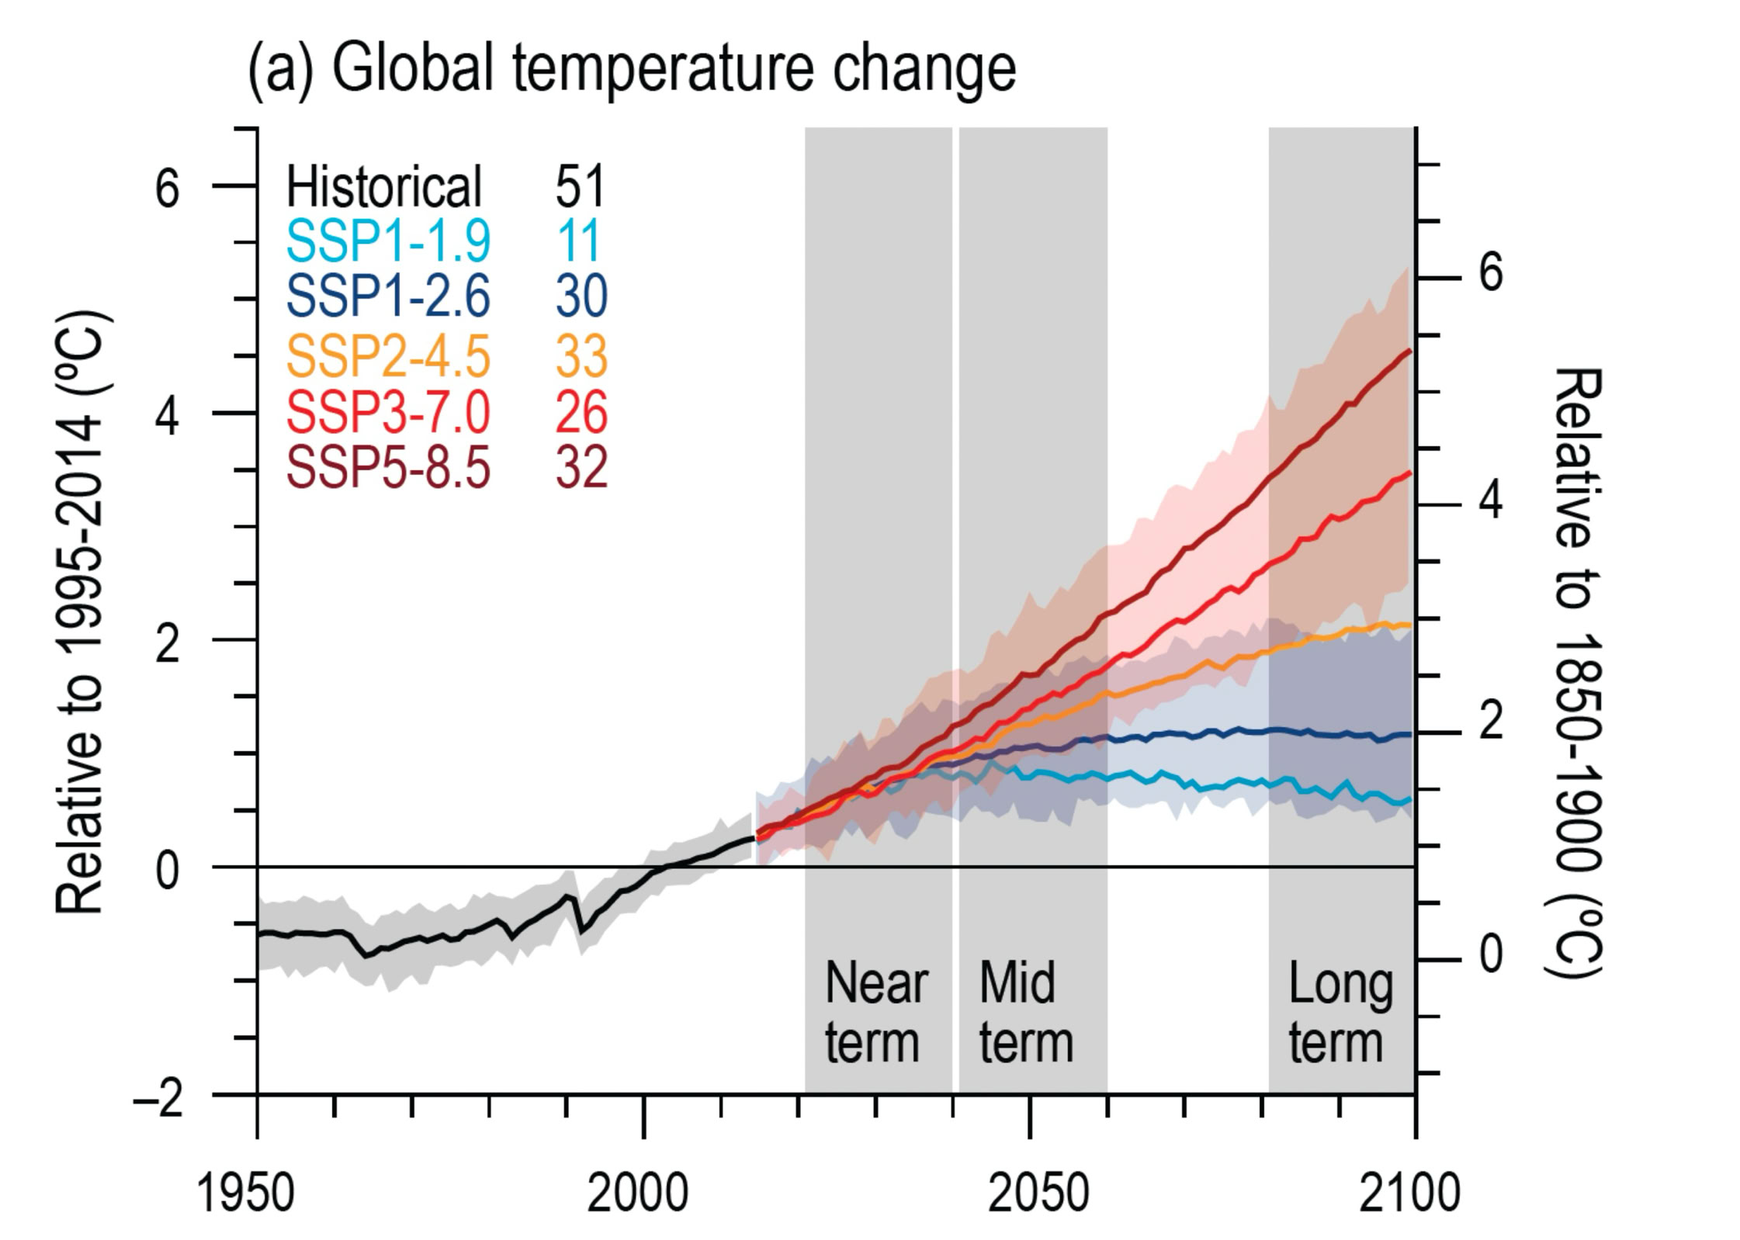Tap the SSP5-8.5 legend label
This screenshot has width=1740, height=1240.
[x=388, y=468]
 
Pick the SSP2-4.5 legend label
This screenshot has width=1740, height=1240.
[x=388, y=356]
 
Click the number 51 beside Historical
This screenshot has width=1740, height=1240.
[x=579, y=186]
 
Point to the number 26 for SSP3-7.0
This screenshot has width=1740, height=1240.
[x=581, y=412]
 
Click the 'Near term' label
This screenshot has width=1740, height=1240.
[x=875, y=1013]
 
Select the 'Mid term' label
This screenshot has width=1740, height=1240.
[x=1025, y=1013]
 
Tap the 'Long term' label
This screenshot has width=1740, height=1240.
[x=1339, y=1013]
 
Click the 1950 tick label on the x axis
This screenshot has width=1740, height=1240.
[x=245, y=1193]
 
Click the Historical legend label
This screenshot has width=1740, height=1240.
[x=384, y=186]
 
